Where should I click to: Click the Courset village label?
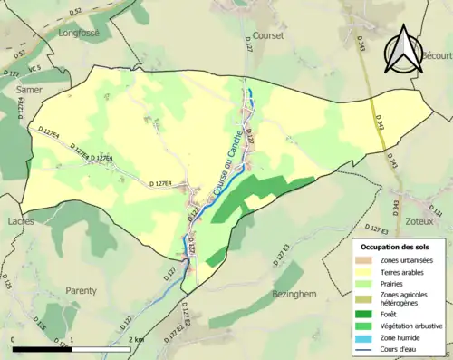(x=269, y=36)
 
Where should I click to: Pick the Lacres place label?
(x=19, y=221)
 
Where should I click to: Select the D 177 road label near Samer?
(x=11, y=73)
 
